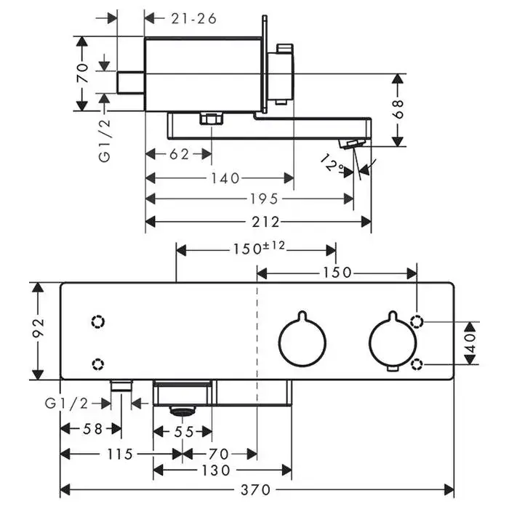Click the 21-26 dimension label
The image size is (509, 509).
[x=194, y=18]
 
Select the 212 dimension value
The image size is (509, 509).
[x=259, y=222]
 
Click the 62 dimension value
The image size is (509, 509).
[x=180, y=154]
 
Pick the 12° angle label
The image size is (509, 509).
[x=332, y=164]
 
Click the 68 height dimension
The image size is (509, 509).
[x=398, y=109]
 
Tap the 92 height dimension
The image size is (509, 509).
[x=39, y=331]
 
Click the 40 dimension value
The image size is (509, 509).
[x=470, y=341]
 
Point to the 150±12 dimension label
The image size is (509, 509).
[x=259, y=249]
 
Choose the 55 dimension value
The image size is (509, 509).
[x=183, y=432]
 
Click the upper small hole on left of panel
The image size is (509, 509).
[x=98, y=321]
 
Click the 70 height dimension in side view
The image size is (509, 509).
[x=84, y=73]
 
